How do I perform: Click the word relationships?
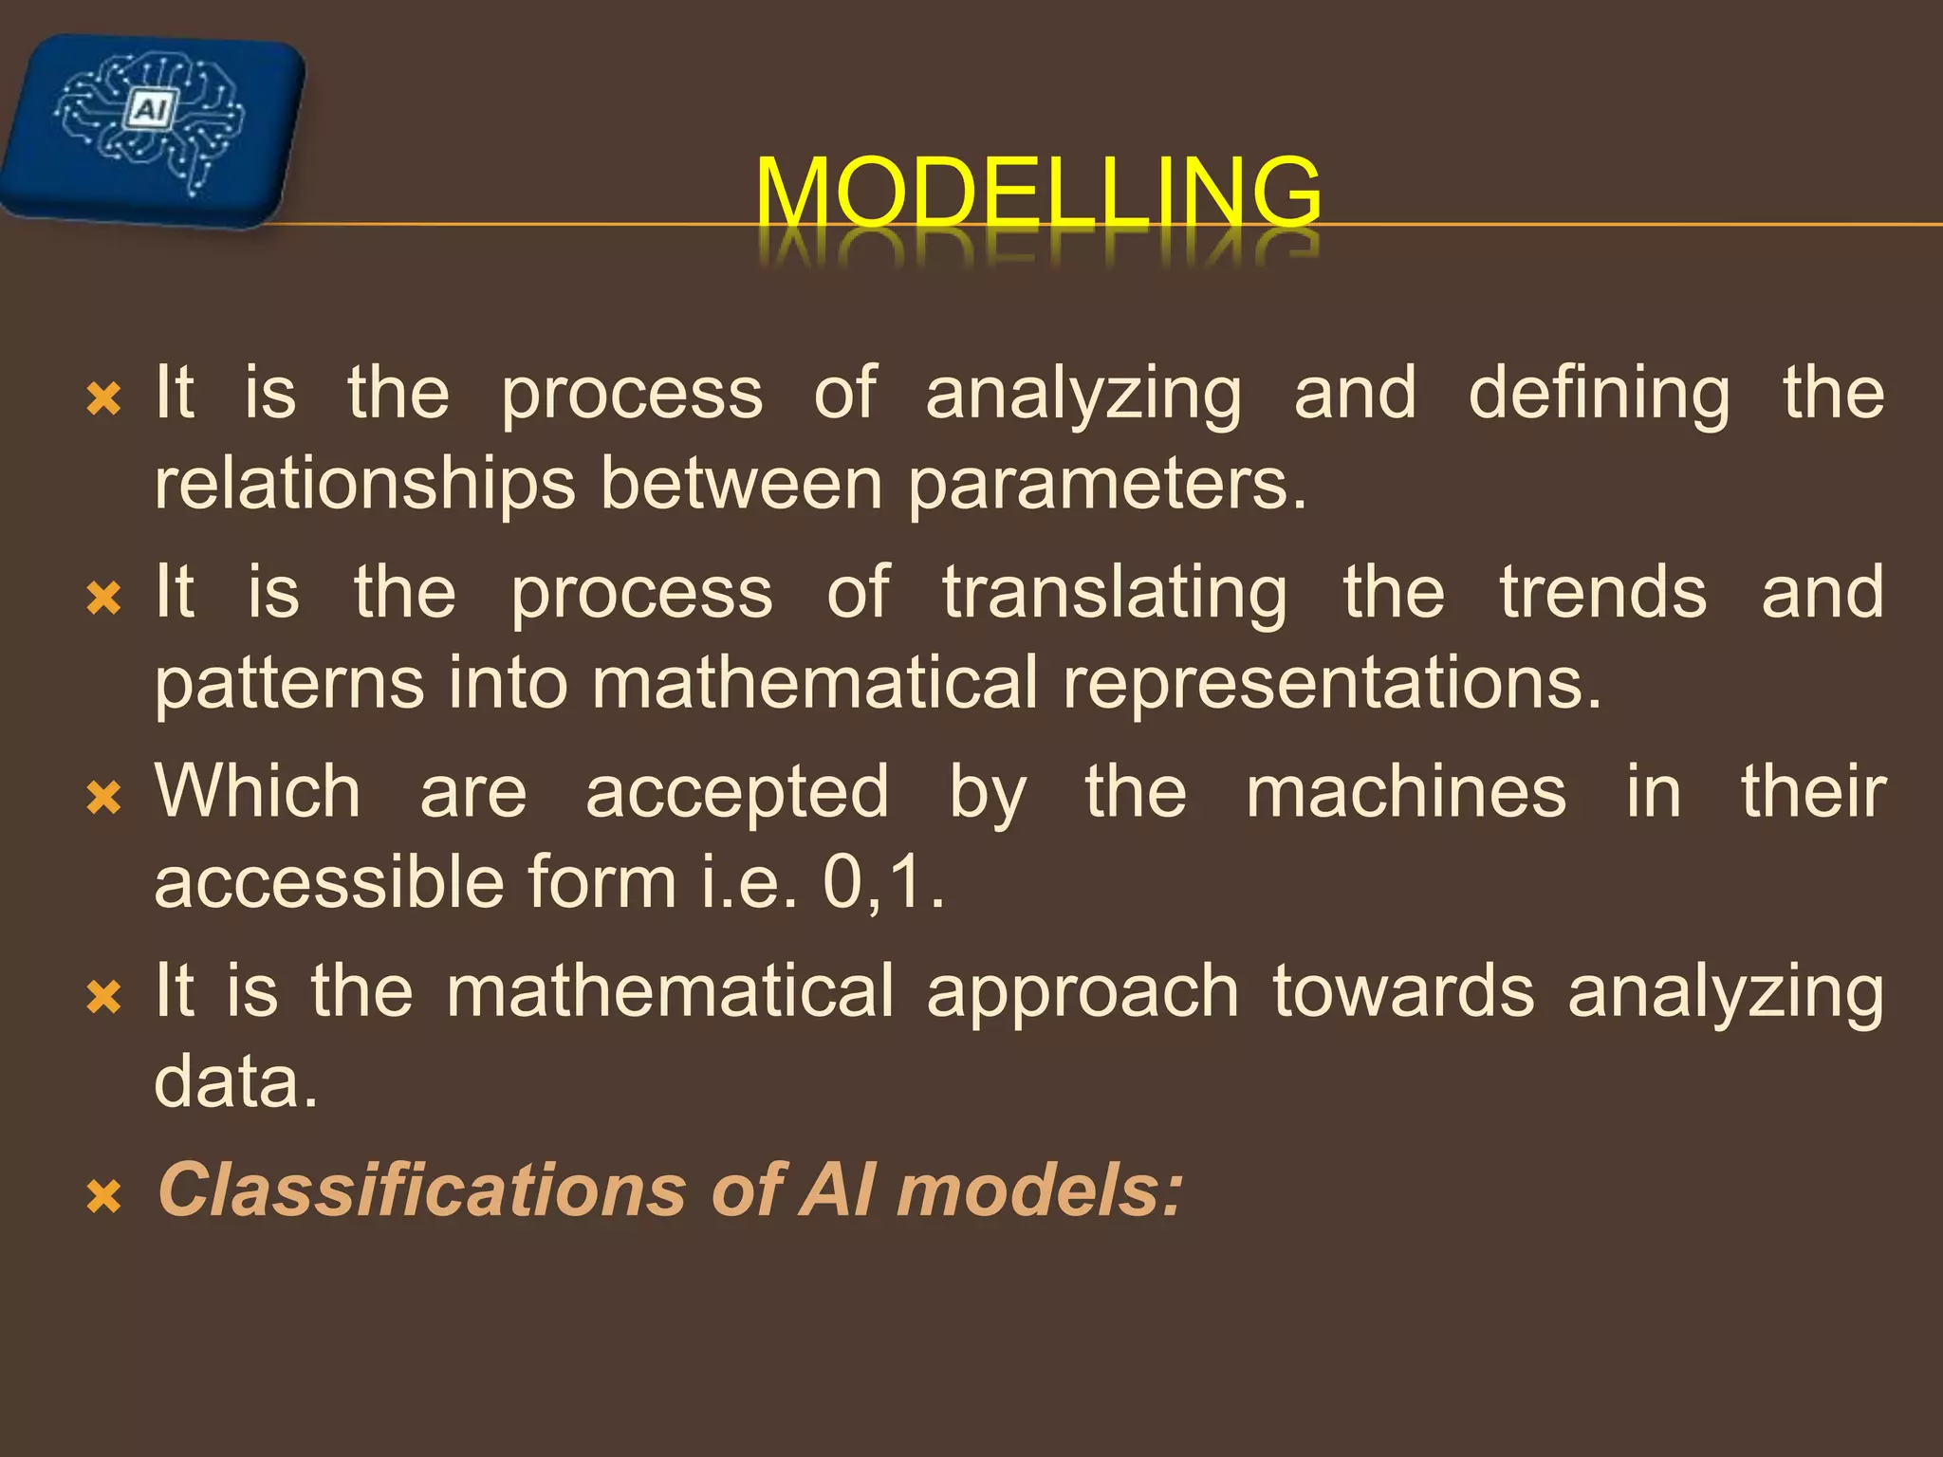coord(364,484)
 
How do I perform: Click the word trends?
coord(1603,592)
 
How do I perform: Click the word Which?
coord(258,791)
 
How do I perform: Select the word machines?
coord(1406,791)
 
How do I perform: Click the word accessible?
coord(327,882)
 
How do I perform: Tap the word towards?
coord(1403,990)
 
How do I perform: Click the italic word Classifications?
coord(421,1190)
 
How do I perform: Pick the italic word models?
coord(1039,1190)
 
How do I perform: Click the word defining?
coord(1599,395)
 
